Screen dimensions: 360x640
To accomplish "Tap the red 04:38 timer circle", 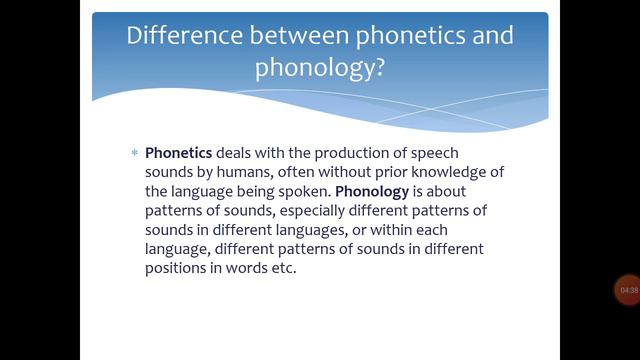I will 629,290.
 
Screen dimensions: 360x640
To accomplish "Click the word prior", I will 391,172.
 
